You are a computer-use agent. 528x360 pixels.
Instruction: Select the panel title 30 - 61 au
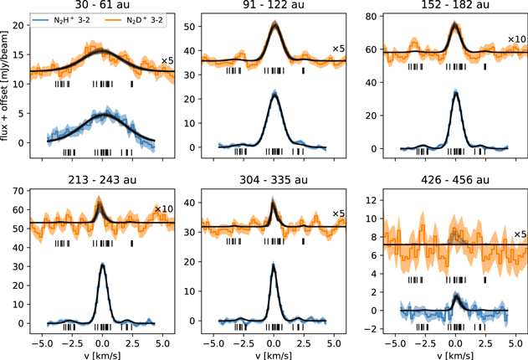coord(102,6)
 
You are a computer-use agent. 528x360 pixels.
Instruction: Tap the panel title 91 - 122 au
coord(274,6)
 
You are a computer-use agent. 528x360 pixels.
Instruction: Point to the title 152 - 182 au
coord(455,6)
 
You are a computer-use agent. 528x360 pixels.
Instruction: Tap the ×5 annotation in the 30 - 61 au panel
coord(166,61)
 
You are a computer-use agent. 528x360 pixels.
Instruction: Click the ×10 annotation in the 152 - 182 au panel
coord(516,40)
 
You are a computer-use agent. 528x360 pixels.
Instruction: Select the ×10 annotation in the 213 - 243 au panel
coord(163,209)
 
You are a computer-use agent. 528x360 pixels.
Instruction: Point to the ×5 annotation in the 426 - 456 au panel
coord(519,234)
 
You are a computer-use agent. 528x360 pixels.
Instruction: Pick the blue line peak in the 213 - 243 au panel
coord(102,265)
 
